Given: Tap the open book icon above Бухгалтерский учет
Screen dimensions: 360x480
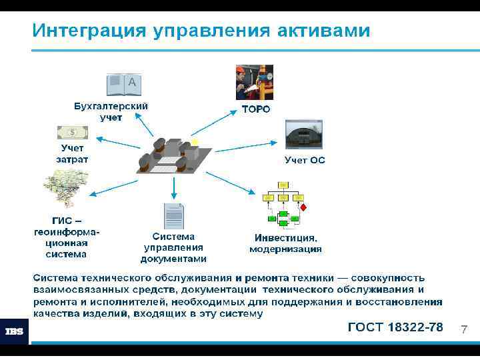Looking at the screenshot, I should point(124,85).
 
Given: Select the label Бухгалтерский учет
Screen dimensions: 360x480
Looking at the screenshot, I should point(111,111).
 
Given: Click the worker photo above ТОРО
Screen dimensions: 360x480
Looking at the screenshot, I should point(255,83).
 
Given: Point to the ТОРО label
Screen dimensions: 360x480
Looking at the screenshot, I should point(255,109).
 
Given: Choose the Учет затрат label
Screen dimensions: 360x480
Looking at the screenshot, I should point(72,153).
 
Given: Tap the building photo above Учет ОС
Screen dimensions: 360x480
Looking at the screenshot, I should point(303,135).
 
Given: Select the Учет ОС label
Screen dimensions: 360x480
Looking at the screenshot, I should point(305,160).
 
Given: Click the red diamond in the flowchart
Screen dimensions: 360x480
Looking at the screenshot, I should point(303,207).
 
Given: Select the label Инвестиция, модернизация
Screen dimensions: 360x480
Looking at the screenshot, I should point(285,243).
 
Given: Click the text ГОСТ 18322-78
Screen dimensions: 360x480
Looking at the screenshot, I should point(395,327).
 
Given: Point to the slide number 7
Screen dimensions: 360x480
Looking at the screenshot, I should point(464,329).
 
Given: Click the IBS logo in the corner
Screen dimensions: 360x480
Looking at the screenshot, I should point(15,331).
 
